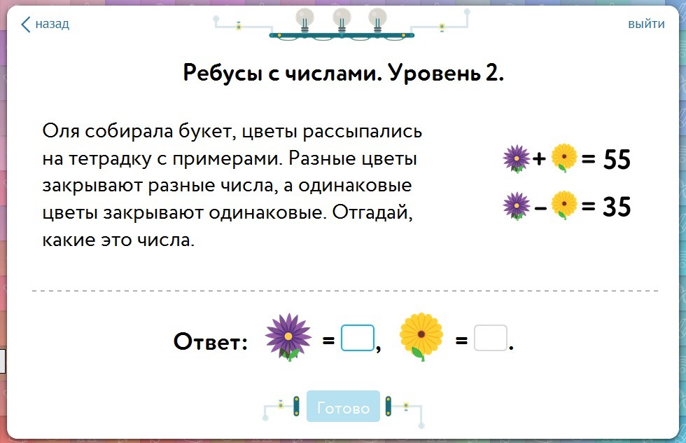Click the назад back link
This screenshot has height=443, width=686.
45,24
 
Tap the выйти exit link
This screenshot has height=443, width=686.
646,24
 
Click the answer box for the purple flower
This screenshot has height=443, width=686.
358,338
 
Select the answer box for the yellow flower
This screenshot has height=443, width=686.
491,338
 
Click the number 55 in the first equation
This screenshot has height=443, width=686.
617,159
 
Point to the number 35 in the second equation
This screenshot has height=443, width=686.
617,206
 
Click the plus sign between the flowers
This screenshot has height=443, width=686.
539,158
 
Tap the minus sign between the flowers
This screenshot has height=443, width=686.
540,207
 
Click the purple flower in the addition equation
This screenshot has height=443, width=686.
517,158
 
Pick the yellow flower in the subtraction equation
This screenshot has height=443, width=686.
564,205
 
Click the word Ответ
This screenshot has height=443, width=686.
211,341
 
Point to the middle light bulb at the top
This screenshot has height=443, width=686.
342,20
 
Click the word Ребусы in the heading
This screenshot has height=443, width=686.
223,72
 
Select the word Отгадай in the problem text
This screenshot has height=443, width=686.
372,213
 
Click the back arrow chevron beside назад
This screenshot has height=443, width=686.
25,25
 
